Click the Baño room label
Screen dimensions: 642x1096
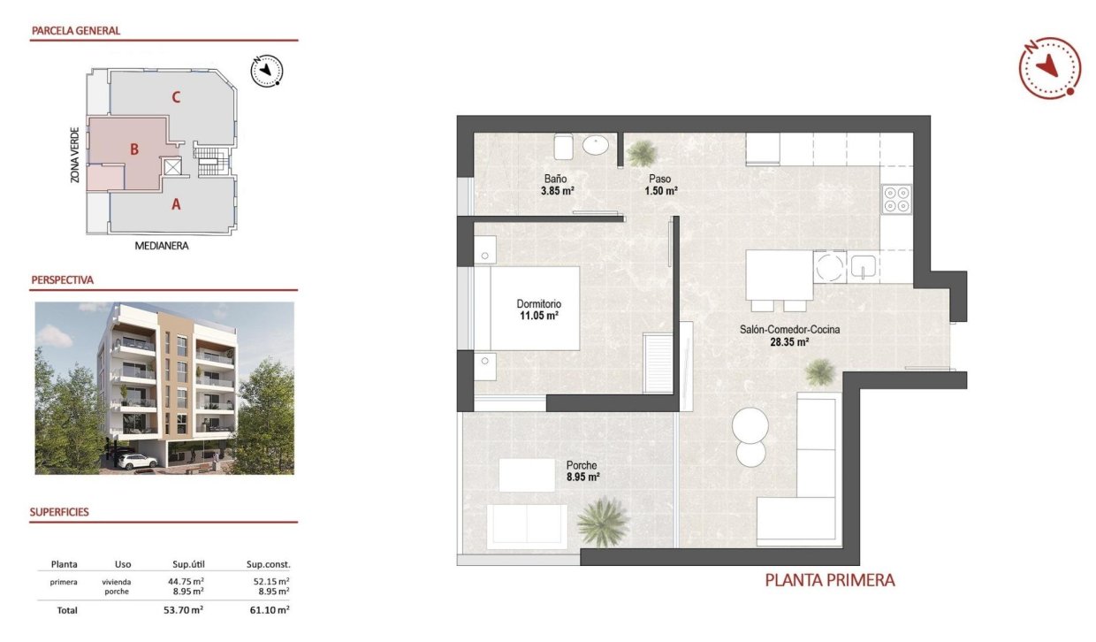tap(556, 178)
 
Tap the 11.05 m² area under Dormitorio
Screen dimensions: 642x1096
tap(538, 316)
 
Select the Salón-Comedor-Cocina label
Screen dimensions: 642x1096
tap(789, 330)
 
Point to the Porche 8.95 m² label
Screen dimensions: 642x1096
tap(582, 471)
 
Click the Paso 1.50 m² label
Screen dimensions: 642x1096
tap(659, 184)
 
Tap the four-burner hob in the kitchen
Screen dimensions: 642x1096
tap(897, 199)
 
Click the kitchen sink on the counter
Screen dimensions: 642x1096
tap(862, 265)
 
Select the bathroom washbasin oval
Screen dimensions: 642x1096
tap(597, 145)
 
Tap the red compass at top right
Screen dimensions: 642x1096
tap(1049, 67)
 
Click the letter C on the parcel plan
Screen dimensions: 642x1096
tap(177, 97)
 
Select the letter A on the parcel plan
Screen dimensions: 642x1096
tap(176, 204)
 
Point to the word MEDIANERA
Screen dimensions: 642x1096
tap(162, 246)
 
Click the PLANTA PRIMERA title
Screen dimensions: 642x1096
tap(829, 581)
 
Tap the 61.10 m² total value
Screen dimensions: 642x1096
tap(271, 610)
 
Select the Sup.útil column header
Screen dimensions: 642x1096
tap(188, 564)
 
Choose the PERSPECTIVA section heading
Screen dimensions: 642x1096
tap(62, 280)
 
